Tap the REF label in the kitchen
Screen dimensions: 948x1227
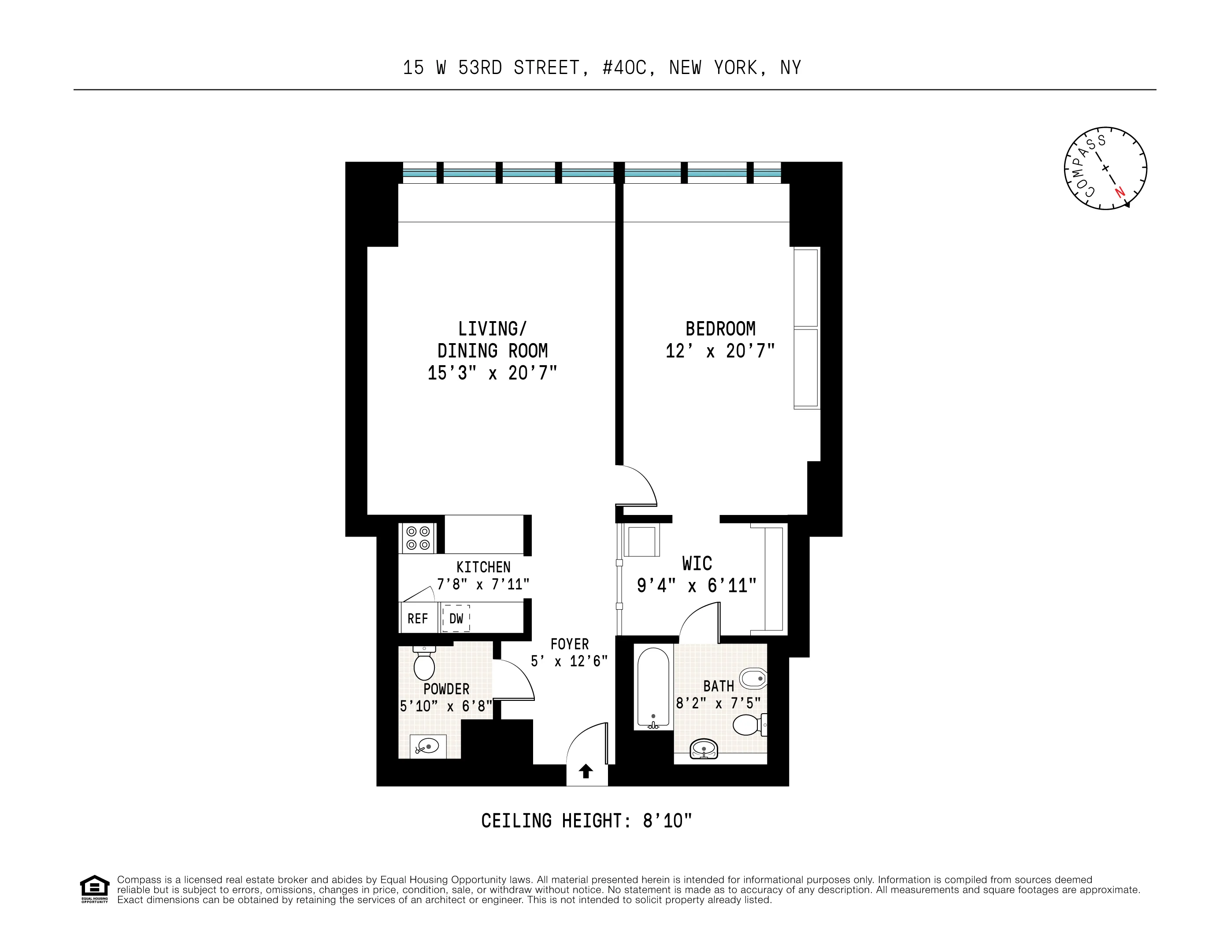pos(417,619)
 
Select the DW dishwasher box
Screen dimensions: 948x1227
pos(456,618)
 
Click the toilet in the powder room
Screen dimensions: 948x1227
pos(424,664)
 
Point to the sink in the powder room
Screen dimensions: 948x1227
pos(428,746)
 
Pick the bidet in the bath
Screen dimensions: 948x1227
pos(753,678)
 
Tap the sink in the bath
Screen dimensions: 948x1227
pos(704,748)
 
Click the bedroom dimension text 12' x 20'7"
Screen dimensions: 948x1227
pos(720,352)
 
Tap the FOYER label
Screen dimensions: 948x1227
pos(570,644)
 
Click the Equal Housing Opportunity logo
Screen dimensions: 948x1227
pos(94,889)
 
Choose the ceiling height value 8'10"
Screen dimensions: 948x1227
pos(667,821)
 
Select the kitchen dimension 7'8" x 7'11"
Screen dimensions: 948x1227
pos(483,585)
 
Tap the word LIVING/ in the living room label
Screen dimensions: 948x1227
pos(492,329)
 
